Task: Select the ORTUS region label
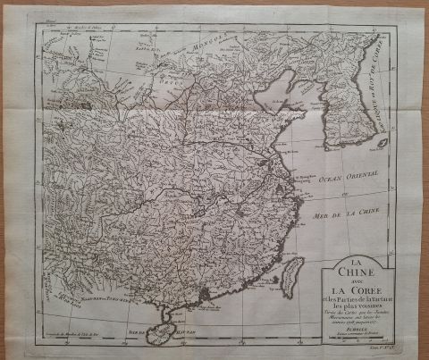pyautogui.click(x=175, y=85)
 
